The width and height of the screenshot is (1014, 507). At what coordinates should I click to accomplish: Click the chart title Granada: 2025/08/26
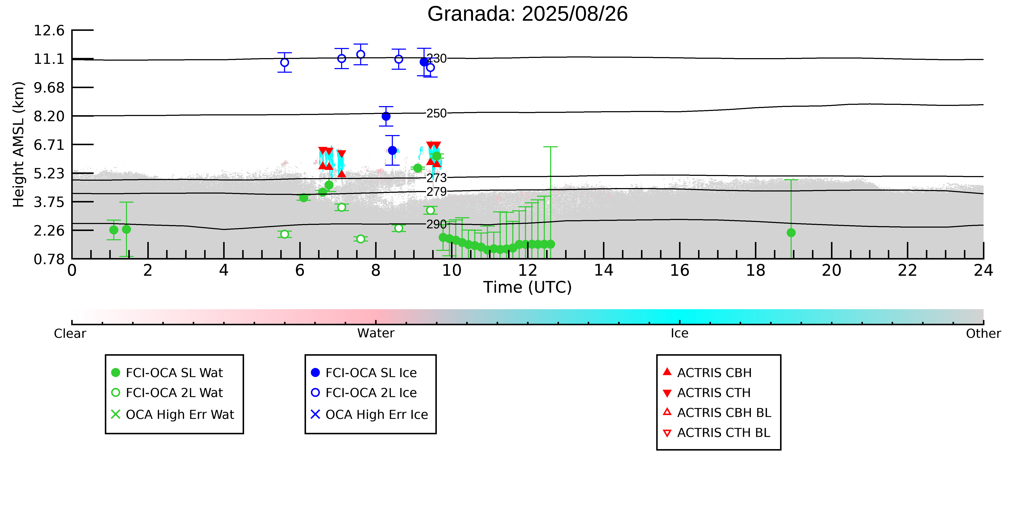click(527, 14)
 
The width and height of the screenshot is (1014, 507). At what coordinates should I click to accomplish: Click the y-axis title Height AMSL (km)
click(19, 145)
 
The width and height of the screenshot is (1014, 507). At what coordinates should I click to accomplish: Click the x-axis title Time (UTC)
click(527, 287)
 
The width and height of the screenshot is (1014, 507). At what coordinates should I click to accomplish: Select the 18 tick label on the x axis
click(755, 271)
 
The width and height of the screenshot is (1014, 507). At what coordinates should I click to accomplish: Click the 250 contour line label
click(437, 113)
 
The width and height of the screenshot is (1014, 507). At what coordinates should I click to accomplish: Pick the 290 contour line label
click(437, 224)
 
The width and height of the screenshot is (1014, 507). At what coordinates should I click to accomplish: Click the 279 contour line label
click(437, 192)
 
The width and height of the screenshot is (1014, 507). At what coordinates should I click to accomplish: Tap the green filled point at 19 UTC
click(791, 233)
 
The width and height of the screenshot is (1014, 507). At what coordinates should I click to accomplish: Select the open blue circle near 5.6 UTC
click(285, 63)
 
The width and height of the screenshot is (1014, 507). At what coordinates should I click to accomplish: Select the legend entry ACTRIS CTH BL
click(716, 433)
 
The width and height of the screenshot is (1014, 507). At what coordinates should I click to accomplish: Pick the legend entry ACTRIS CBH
click(707, 372)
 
